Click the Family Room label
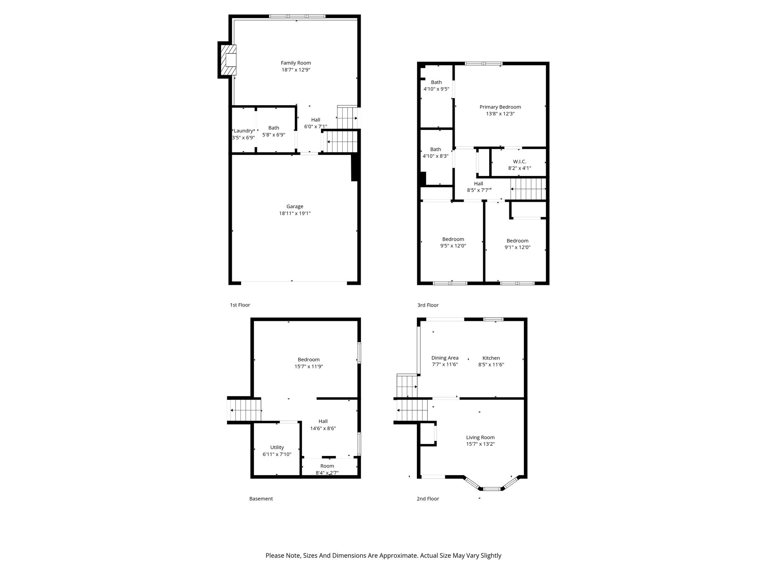point(296,63)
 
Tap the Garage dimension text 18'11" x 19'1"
point(295,213)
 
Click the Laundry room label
point(243,131)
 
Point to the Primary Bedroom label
point(500,107)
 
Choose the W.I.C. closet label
point(519,162)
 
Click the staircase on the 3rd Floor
point(528,189)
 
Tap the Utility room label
point(277,447)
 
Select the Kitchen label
point(491,358)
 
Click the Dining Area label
point(445,358)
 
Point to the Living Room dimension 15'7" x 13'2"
point(480,444)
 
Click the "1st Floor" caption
point(240,305)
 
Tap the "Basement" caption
point(261,499)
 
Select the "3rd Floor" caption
point(428,305)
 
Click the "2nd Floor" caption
point(428,499)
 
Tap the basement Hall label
point(323,422)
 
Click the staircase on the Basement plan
point(245,410)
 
